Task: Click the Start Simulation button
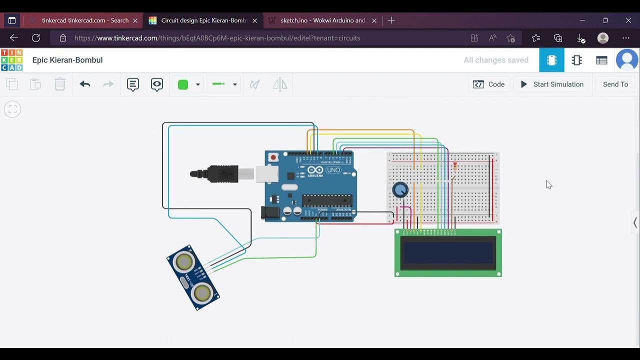[x=552, y=84]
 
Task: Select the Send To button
[x=615, y=84]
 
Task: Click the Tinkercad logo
[x=11, y=60]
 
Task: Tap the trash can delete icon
[x=60, y=84]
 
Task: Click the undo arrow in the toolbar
[x=85, y=84]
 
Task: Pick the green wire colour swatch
[x=183, y=84]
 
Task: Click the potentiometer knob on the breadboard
[x=400, y=190]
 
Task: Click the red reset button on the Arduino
[x=273, y=157]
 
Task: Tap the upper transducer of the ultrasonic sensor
[x=184, y=261]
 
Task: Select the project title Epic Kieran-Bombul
[x=67, y=60]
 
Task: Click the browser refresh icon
[x=36, y=38]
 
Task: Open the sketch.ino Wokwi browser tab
[x=322, y=20]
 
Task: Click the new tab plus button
[x=391, y=20]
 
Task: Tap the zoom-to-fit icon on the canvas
[x=12, y=109]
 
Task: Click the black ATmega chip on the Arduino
[x=327, y=200]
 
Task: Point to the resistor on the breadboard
[x=455, y=166]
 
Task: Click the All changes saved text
[x=496, y=60]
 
